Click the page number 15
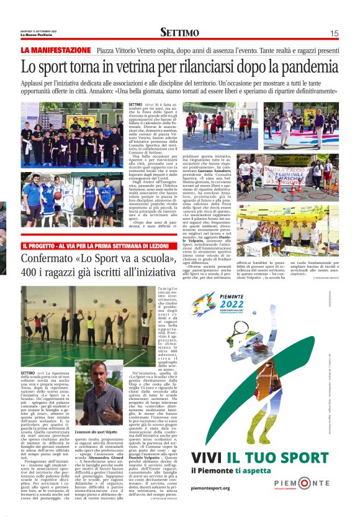point(334,34)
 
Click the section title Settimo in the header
point(179,33)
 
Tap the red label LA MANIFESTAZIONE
point(56,50)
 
